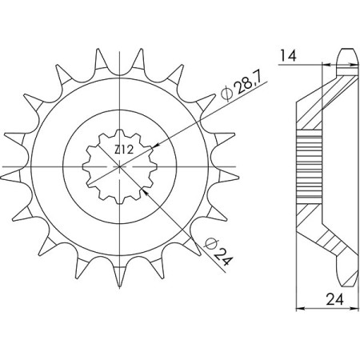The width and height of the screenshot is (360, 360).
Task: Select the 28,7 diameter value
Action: (245, 86)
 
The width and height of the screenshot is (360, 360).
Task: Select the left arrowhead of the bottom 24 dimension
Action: (300, 308)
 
